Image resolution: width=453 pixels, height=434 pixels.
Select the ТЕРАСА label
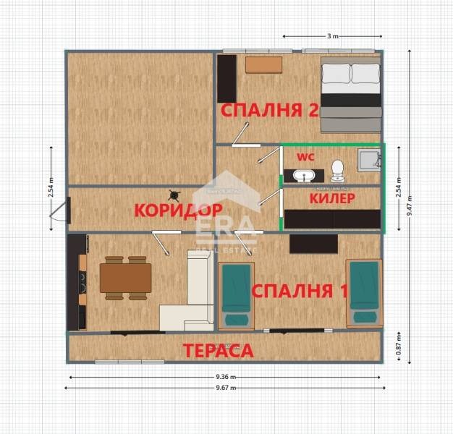[218, 351]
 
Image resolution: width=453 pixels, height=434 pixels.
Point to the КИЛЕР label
[331, 197]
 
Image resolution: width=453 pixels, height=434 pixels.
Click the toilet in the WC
[337, 171]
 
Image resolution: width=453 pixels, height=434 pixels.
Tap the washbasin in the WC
[303, 174]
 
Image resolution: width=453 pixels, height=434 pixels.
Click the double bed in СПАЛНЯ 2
[350, 96]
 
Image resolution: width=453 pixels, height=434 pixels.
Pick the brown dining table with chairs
[125, 277]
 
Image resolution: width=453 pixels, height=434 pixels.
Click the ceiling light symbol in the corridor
[174, 195]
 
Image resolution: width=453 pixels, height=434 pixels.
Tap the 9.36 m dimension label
[225, 377]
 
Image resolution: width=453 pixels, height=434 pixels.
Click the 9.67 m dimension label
[225, 388]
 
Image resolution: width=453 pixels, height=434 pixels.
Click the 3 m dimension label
[332, 35]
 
